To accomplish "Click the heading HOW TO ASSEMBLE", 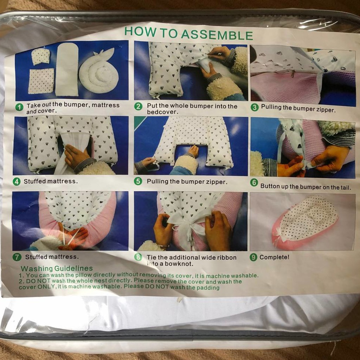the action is tap(188, 33).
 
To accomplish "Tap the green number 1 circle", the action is tap(19, 107).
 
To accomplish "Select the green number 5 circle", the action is tap(138, 181).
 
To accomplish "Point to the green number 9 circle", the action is tap(253, 257).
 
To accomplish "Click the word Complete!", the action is tap(274, 257).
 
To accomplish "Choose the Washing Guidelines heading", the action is tap(57, 268).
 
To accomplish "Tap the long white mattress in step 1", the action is tap(67, 69).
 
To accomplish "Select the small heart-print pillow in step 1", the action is tap(41, 56).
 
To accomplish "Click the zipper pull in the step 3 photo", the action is tap(293, 74).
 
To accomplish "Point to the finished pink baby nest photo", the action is tap(303, 222).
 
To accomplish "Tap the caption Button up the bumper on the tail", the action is tap(306, 187).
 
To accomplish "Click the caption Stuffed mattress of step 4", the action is tap(51, 181).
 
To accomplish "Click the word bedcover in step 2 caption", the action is tap(162, 112).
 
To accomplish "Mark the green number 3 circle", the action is tap(255, 107).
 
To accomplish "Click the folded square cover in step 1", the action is tap(41, 81).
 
